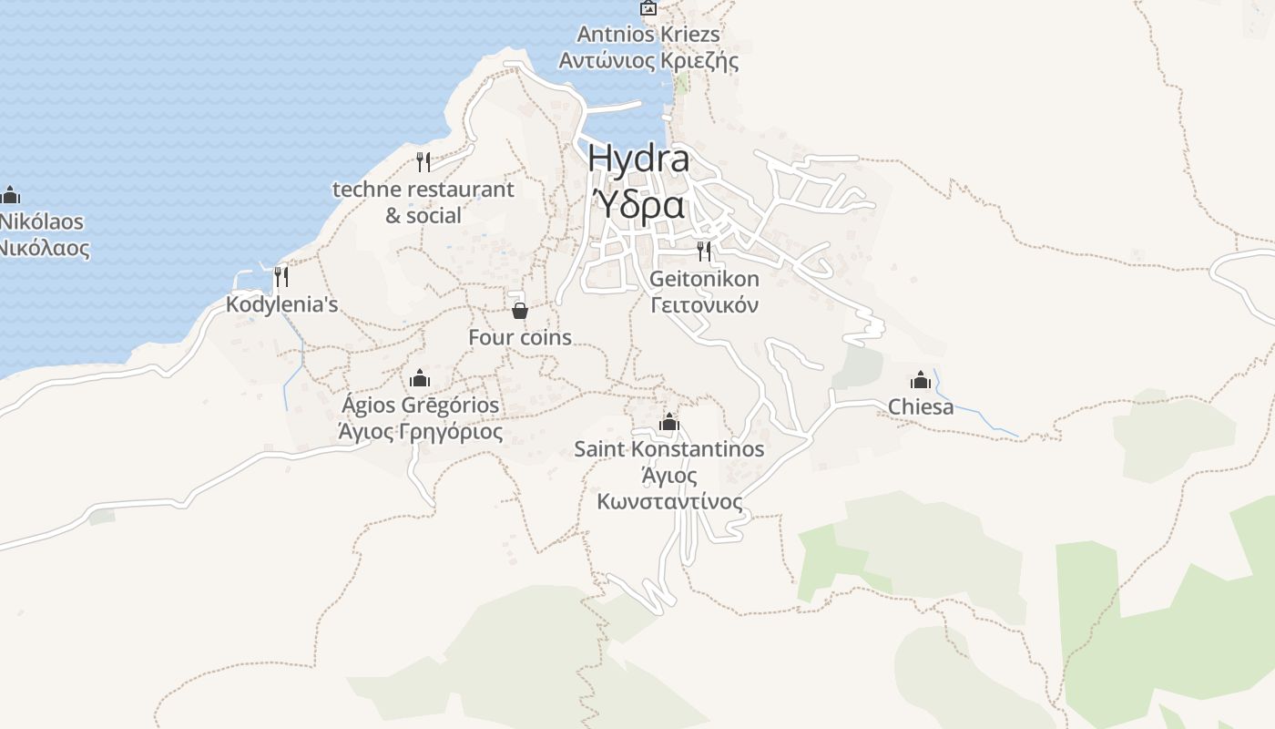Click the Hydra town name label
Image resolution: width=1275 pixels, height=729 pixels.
coord(638,158)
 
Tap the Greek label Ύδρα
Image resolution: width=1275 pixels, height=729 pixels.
coord(638,206)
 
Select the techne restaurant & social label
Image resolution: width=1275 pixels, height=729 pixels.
coord(423,202)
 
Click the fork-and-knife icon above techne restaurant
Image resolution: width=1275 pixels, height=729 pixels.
coord(423,162)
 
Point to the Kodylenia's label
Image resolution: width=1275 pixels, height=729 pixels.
coord(281,304)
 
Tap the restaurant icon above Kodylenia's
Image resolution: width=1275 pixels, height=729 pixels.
coord(281,275)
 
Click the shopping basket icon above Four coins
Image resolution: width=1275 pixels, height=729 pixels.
coord(520,311)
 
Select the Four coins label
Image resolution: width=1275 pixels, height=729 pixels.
coord(520,337)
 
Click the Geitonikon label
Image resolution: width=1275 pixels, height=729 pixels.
coord(704,279)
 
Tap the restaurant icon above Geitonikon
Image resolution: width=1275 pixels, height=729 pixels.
coord(704,251)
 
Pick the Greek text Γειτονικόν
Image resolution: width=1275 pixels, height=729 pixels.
coord(704,305)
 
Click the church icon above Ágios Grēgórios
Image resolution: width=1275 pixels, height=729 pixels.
coord(420,377)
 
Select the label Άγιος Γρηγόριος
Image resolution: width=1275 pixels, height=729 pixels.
coord(420,431)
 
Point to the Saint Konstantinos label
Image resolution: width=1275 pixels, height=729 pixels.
coord(669,449)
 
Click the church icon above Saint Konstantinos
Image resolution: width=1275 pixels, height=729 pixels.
coord(669,421)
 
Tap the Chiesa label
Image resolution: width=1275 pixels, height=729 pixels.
coord(921,406)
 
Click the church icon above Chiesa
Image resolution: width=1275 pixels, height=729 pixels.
coord(921,379)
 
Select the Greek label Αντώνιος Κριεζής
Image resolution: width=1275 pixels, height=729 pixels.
coord(648,61)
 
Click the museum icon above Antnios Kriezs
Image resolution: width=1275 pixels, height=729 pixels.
coord(648,8)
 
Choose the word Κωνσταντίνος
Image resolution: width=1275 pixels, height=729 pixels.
coord(669,502)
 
